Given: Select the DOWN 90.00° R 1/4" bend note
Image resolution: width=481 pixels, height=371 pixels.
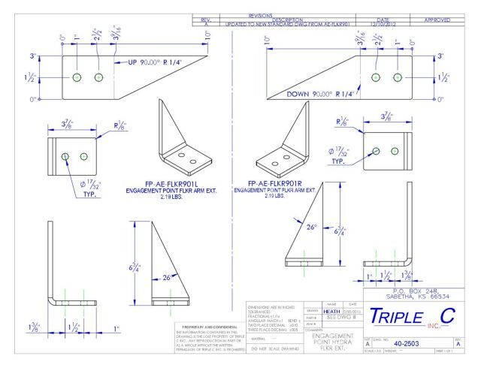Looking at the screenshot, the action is tap(316, 94).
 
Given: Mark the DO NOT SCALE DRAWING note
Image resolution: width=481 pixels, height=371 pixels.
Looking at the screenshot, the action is tap(270, 348).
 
